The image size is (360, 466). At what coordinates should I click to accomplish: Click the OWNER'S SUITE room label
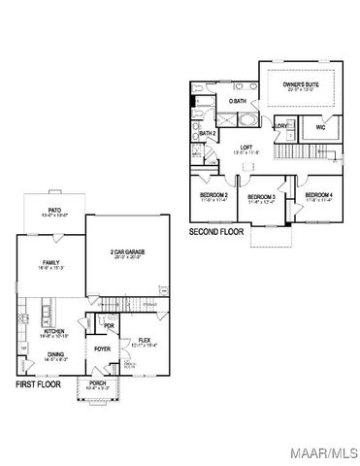pyautogui.click(x=301, y=84)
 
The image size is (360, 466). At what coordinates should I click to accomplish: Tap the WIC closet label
pyautogui.click(x=319, y=126)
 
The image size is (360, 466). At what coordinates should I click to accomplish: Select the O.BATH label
pyautogui.click(x=237, y=101)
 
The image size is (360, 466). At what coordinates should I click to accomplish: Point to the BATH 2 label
pyautogui.click(x=207, y=133)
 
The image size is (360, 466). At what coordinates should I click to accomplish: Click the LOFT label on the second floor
pyautogui.click(x=246, y=148)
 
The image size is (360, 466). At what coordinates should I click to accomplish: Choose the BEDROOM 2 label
pyautogui.click(x=213, y=196)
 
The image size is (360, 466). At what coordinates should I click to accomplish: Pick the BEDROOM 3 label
pyautogui.click(x=261, y=197)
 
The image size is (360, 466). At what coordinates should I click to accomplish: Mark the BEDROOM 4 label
pyautogui.click(x=318, y=196)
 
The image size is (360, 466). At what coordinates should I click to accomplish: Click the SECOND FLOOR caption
pyautogui.click(x=214, y=232)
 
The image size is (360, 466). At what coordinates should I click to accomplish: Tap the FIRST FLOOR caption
pyautogui.click(x=39, y=384)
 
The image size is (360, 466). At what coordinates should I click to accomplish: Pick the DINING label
pyautogui.click(x=55, y=354)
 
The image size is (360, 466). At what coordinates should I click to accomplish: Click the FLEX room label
pyautogui.click(x=143, y=340)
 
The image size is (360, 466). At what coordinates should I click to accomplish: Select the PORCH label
pyautogui.click(x=98, y=383)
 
